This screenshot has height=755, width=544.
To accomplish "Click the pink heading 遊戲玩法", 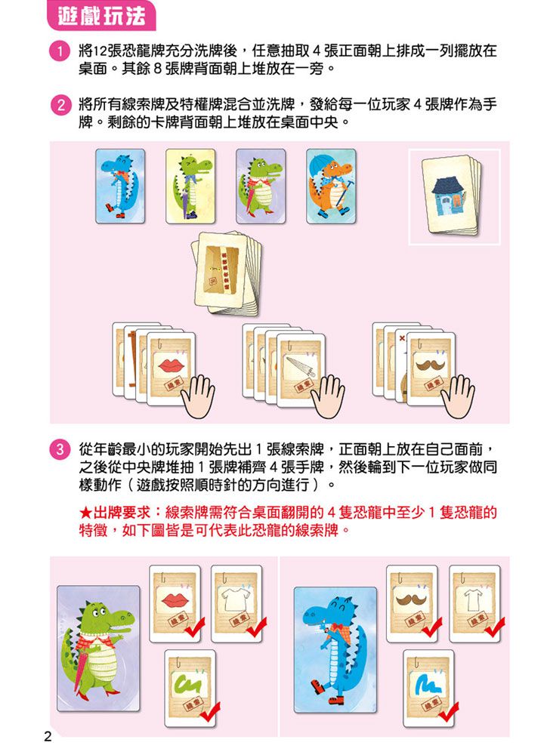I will (101, 17).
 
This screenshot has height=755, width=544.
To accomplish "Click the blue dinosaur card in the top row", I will (120, 186).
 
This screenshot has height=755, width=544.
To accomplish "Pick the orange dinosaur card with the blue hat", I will (331, 186).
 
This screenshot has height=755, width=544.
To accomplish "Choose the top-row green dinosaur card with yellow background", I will (190, 186).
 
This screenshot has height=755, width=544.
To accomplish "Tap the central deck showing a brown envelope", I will (224, 273).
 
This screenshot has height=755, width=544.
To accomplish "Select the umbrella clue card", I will (301, 369).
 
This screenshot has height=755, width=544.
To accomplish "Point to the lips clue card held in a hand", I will (171, 369).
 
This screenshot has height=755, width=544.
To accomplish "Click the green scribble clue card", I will (190, 688).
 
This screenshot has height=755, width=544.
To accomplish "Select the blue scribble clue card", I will (428, 688).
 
